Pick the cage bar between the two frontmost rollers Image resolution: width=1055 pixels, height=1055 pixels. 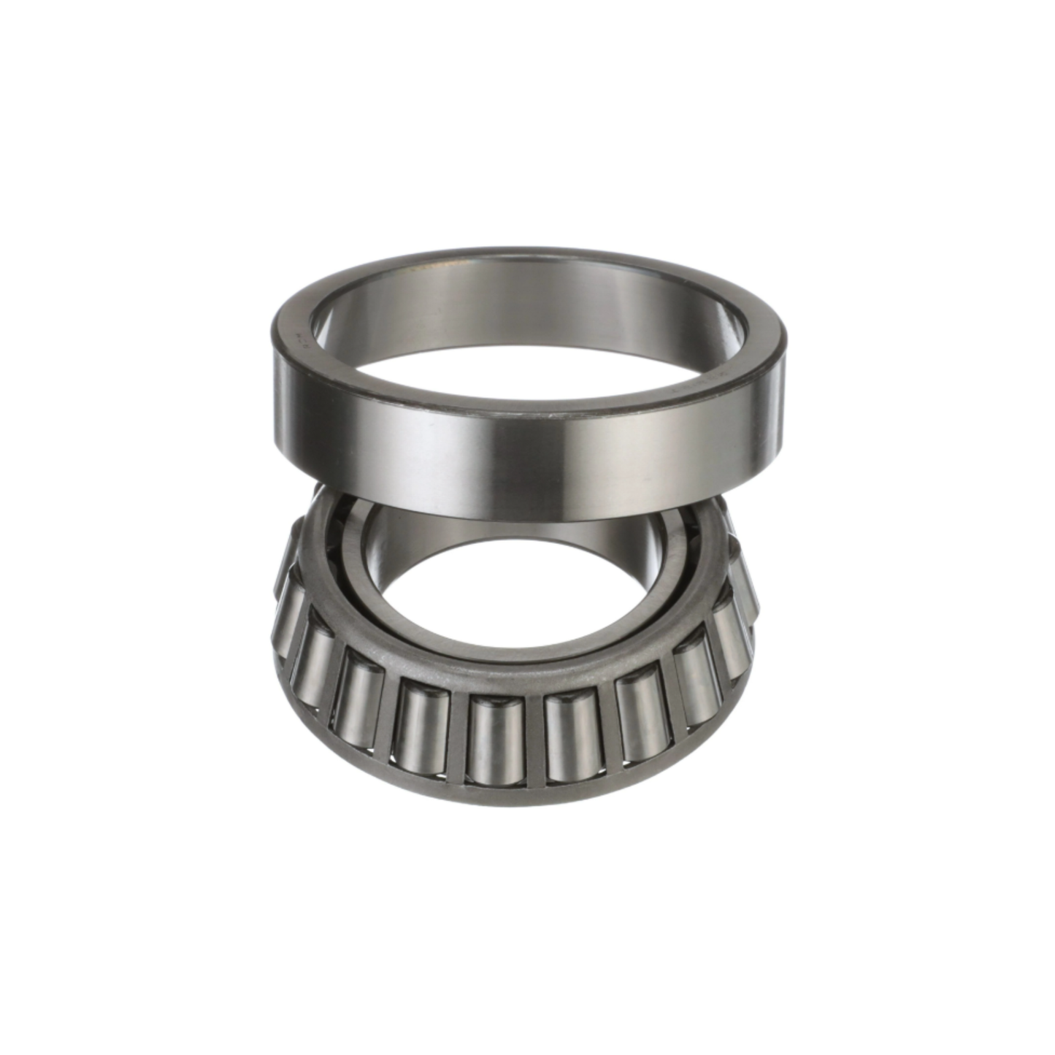[x=534, y=737]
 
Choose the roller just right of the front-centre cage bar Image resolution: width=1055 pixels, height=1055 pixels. [x=572, y=737]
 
